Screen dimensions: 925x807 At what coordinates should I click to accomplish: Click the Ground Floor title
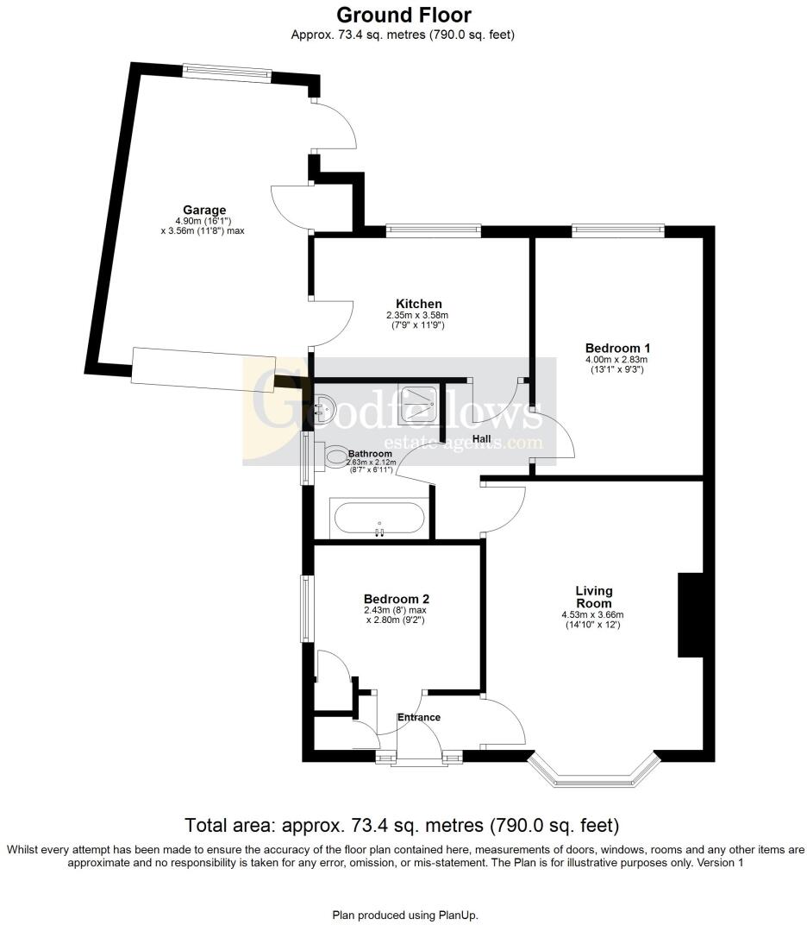tap(403, 15)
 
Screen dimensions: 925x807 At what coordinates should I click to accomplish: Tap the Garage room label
tap(204, 210)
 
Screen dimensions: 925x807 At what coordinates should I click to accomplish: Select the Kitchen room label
tap(418, 304)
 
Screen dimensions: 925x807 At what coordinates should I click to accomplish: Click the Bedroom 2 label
tap(396, 599)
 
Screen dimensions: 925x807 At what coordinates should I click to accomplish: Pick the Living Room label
tap(593, 596)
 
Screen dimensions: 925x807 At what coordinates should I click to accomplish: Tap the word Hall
tap(481, 439)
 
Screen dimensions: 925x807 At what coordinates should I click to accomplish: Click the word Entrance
tap(419, 717)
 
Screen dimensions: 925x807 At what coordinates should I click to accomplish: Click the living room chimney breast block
tap(689, 615)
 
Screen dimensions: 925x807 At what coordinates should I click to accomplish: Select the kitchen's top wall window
tap(433, 230)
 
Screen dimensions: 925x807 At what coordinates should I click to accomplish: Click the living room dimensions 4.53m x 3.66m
tap(593, 614)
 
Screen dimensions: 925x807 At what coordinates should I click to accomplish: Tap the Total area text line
tap(403, 824)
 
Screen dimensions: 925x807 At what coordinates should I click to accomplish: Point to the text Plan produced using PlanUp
tap(404, 914)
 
